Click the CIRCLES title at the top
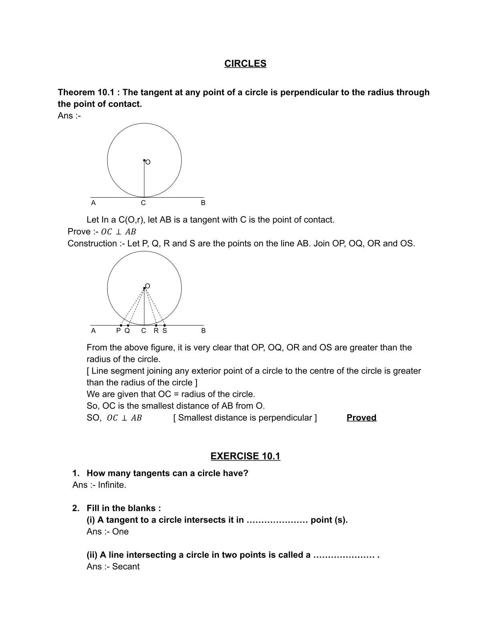tap(245, 64)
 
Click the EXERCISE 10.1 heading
tap(245, 456)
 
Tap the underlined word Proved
tap(361, 418)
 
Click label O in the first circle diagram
tap(148, 162)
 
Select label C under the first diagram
tap(143, 203)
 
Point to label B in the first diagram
tap(203, 203)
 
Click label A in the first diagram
tap(93, 203)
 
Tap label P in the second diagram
tap(118, 331)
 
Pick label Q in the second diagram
tap(127, 331)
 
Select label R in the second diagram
tap(156, 331)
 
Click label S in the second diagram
tap(164, 331)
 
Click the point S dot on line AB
tap(164, 325)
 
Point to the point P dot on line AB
tap(121, 325)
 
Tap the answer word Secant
tap(126, 566)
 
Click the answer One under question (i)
tap(120, 532)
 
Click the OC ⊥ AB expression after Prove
tap(118, 232)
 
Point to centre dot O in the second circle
tap(144, 288)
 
